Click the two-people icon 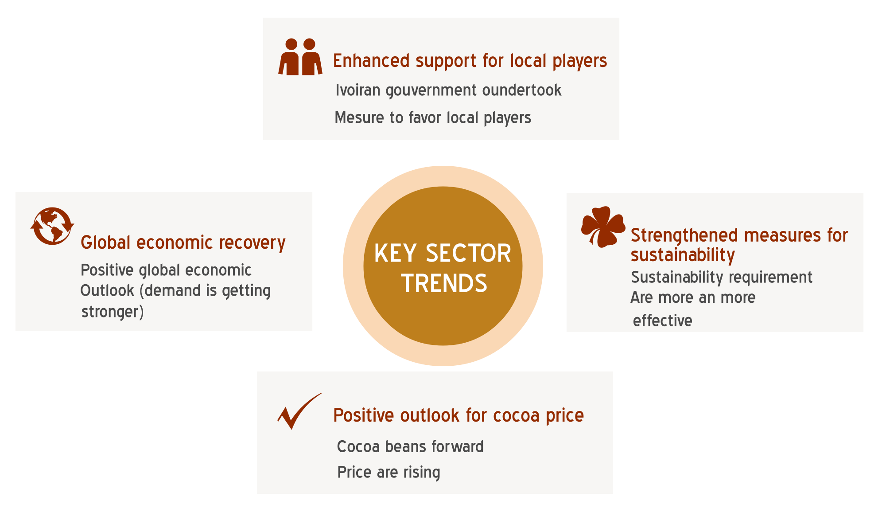300,57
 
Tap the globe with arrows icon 52,226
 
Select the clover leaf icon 603,227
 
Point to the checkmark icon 299,411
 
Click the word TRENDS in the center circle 444,283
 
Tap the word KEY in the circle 396,254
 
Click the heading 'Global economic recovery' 183,243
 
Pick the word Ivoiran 358,90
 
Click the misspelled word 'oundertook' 522,90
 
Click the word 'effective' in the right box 662,321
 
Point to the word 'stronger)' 113,312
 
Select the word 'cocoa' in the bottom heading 516,415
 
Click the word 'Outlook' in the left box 107,291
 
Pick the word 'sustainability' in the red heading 683,255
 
